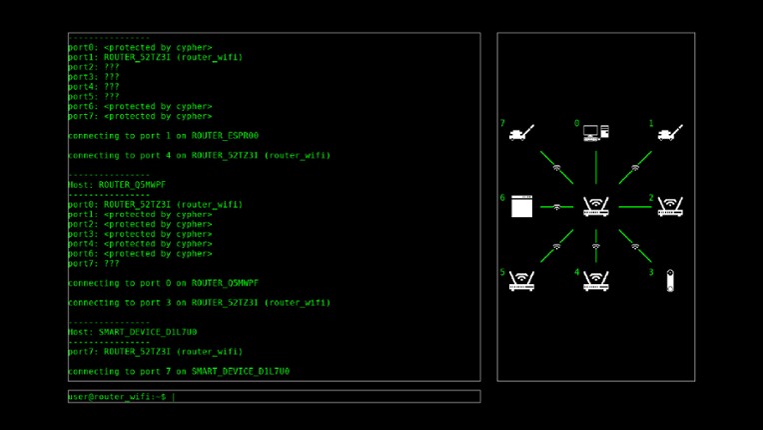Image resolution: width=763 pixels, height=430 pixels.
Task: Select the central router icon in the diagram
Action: pos(596,207)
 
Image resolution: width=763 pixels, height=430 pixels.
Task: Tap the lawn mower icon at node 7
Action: pos(522,133)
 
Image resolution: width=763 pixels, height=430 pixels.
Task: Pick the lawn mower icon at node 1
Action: pos(670,133)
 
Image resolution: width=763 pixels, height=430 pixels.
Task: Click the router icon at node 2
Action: pos(670,207)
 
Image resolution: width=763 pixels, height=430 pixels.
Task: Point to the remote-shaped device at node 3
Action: pos(670,281)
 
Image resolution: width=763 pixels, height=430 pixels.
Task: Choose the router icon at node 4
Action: pos(596,281)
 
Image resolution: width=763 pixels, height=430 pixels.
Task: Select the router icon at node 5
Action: pos(522,281)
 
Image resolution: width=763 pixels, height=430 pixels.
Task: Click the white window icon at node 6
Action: pos(522,207)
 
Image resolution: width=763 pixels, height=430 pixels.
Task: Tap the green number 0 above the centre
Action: pos(576,124)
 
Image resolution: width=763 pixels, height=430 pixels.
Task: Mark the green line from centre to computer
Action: pos(596,168)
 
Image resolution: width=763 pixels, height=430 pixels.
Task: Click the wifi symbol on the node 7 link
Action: pos(557,168)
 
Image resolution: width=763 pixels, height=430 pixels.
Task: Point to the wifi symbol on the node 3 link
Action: pos(635,246)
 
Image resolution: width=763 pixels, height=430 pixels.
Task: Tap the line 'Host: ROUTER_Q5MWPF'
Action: pos(117,185)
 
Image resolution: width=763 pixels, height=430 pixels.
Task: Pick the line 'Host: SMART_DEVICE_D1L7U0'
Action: pos(132,332)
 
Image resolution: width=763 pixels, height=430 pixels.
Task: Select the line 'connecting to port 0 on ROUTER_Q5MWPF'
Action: pos(163,283)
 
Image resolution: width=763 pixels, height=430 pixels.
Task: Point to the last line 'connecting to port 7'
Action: pos(178,371)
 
